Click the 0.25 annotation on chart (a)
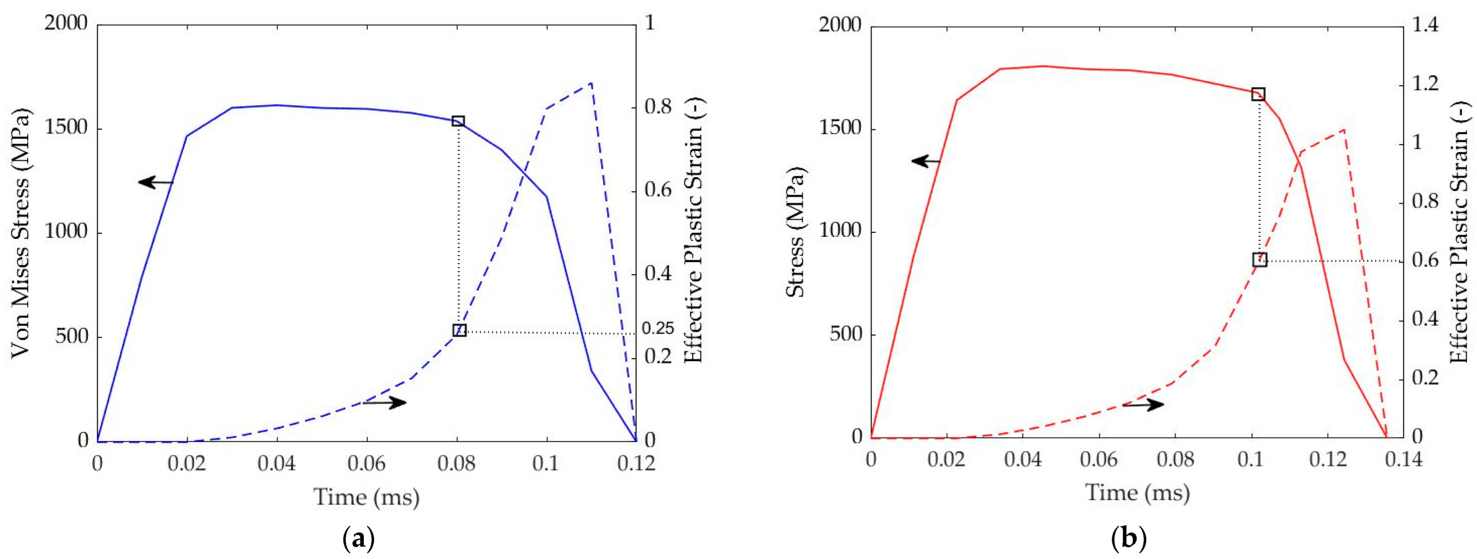coord(658,329)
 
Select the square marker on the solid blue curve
coord(458,121)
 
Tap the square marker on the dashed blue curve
coord(459,330)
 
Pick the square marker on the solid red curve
coord(1258,94)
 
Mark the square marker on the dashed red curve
coord(1259,260)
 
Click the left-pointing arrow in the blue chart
coord(155,182)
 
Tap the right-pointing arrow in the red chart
coord(1143,405)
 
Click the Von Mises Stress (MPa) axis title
coord(21,232)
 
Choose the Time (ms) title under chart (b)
coord(1138,493)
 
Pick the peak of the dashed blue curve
coord(591,84)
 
